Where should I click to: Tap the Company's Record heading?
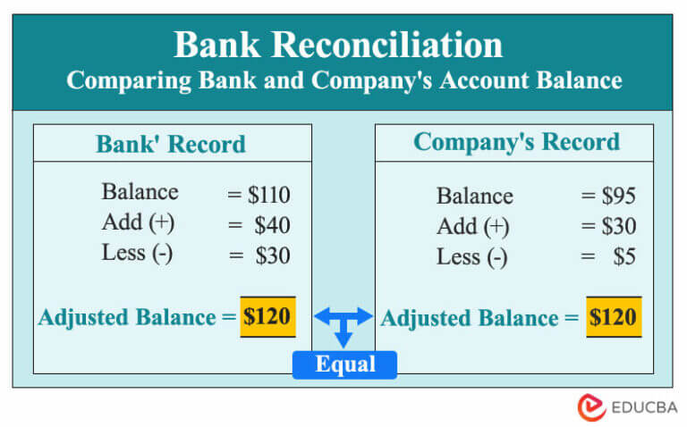(516, 143)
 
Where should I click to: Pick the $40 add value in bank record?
(271, 225)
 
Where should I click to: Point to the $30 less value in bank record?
(272, 256)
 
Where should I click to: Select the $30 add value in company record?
(617, 227)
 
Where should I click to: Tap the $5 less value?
(624, 258)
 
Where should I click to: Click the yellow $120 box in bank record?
(267, 317)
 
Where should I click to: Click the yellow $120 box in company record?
(614, 317)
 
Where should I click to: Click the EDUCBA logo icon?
(591, 406)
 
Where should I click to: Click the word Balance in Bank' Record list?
(140, 193)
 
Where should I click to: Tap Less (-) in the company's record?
(471, 258)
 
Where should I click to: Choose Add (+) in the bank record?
(139, 223)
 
